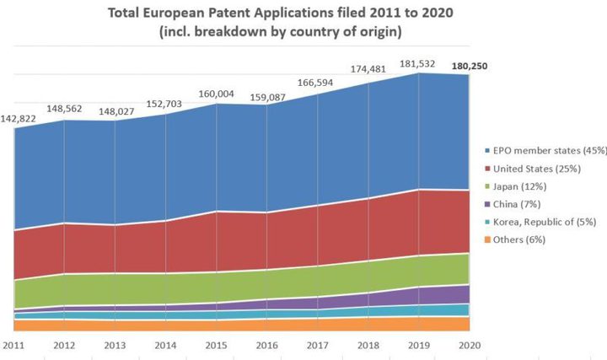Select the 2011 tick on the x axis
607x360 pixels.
click(x=13, y=345)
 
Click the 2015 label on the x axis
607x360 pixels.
click(x=216, y=345)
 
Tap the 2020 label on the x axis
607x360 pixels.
click(x=469, y=345)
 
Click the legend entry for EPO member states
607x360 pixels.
click(x=539, y=151)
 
